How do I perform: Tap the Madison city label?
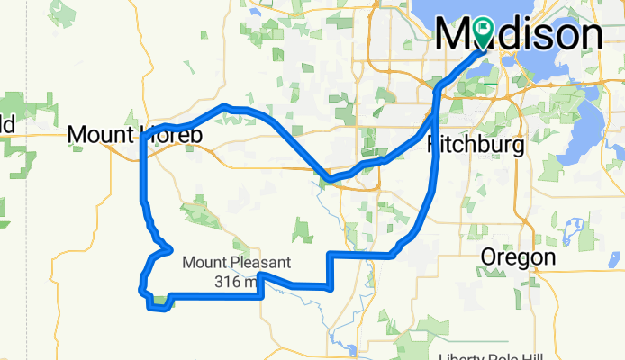pos(520,35)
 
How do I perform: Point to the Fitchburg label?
pos(475,145)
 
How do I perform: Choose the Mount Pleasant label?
pos(237,263)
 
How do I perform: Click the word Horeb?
pos(171,135)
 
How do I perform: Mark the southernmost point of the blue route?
pos(159,309)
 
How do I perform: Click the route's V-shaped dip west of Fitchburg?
pos(328,178)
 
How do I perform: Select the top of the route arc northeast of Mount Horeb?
pos(226,107)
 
